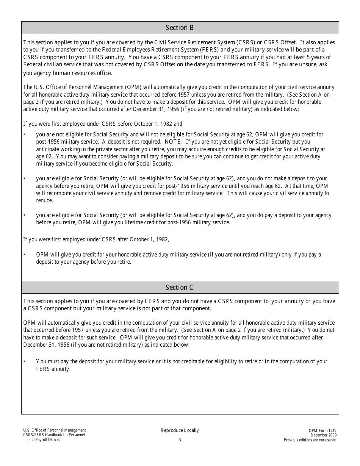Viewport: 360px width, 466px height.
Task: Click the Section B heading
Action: tap(180, 28)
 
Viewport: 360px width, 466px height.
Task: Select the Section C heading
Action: tap(180, 288)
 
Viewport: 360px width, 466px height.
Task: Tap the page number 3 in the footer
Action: tap(180, 440)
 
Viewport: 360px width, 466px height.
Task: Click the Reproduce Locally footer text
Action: tap(180, 430)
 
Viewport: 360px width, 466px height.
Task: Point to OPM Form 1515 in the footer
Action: tap(322, 431)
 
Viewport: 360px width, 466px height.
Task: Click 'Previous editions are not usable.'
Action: tap(310, 440)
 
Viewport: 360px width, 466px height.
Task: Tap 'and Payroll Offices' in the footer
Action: tap(44, 440)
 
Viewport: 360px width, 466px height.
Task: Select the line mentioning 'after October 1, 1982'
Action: tap(96, 239)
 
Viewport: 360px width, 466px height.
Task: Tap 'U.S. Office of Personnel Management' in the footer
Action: tap(55, 430)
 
